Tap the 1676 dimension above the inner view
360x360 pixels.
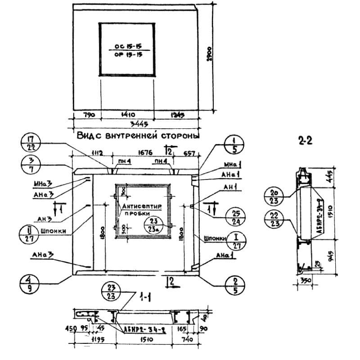point(136,154)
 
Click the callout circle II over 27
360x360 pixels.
point(30,234)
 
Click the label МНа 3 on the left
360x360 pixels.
point(43,184)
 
